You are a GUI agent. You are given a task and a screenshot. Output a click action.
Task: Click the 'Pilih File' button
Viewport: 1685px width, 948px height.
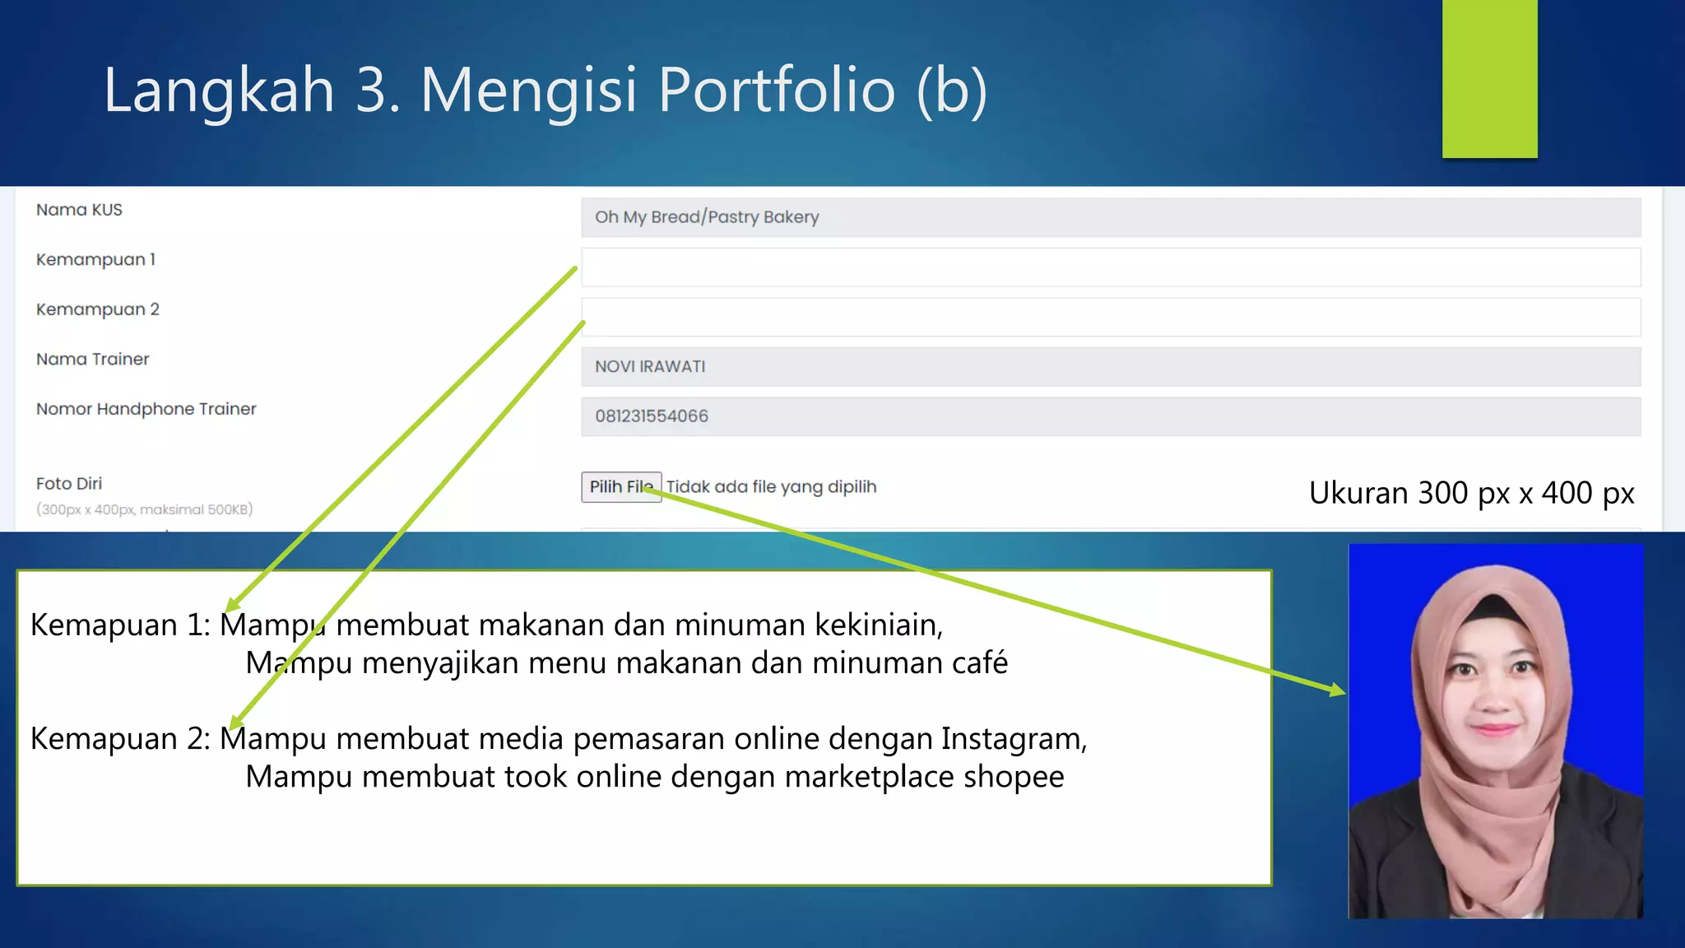(x=621, y=487)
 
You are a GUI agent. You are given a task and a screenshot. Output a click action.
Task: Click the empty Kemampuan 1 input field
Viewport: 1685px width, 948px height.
(x=1111, y=267)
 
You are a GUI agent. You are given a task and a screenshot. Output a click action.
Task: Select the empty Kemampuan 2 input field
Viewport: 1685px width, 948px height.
(x=1111, y=318)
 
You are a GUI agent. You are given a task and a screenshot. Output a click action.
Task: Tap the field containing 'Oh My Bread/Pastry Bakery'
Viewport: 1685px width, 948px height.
(x=1111, y=217)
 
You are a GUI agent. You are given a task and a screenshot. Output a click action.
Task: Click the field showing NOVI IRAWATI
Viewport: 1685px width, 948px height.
(x=1111, y=367)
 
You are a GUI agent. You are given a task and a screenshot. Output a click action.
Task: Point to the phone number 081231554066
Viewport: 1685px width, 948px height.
(x=652, y=416)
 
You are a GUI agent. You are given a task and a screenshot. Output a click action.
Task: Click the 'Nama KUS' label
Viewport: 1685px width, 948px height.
(x=79, y=210)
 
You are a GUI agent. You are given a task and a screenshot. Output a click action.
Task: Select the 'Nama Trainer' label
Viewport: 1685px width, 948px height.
(x=93, y=360)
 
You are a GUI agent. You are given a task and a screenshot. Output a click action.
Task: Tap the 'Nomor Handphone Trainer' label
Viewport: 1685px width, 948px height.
(x=146, y=409)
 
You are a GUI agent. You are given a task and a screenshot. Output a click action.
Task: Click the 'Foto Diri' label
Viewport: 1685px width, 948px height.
(x=69, y=484)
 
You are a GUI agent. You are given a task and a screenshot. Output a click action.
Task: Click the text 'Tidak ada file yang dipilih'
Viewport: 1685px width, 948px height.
(x=771, y=487)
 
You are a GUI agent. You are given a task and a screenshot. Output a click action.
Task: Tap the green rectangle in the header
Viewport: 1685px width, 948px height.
(x=1489, y=78)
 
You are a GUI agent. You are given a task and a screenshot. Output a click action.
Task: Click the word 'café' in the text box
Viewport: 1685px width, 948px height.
(x=980, y=663)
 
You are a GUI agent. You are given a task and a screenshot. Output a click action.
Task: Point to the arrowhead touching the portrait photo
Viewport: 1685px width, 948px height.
(x=1337, y=690)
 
